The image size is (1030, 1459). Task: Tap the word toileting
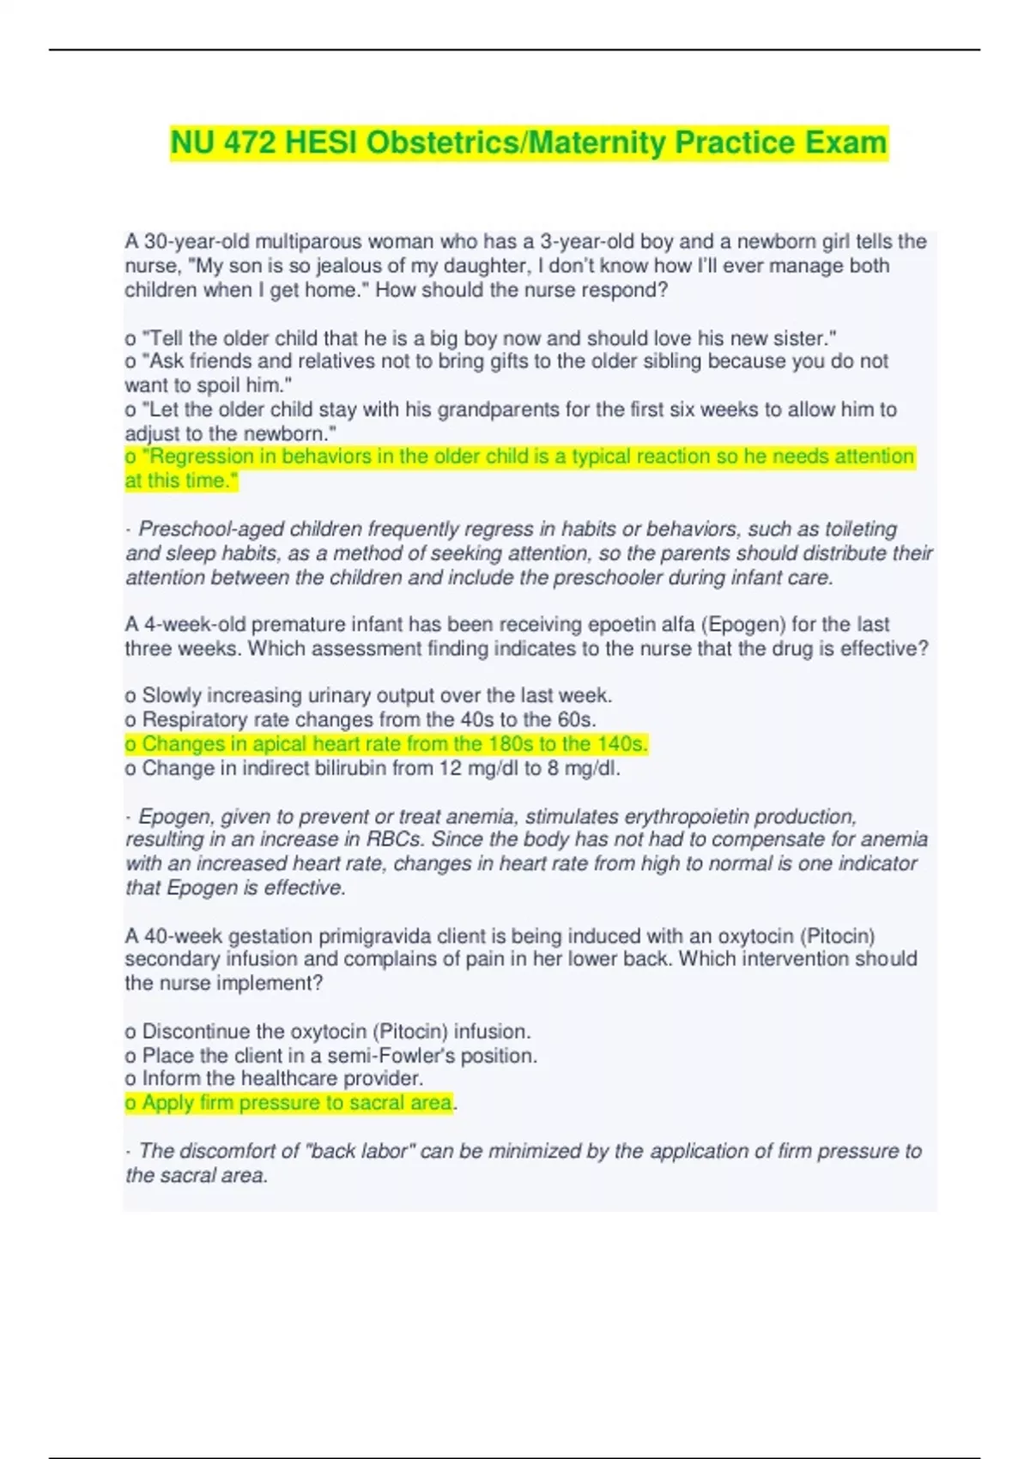pyautogui.click(x=859, y=529)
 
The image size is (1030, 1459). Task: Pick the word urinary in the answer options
pyautogui.click(x=320, y=695)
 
